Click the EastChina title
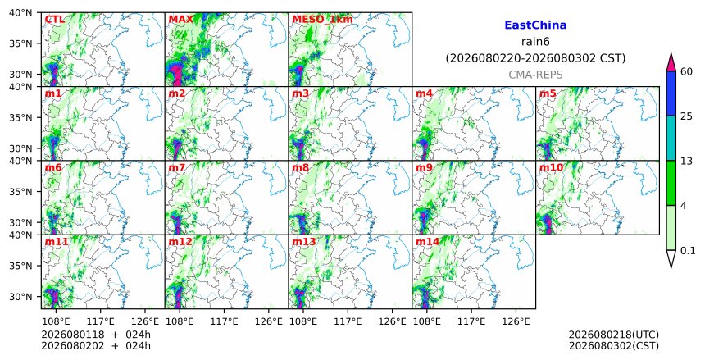535,25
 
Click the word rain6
535,42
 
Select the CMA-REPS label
535,75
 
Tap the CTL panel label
54,20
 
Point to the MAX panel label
180,20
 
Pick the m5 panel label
548,93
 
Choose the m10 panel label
551,168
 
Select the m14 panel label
427,242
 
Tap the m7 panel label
177,168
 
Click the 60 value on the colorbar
686,72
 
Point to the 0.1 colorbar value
688,251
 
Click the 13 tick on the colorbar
686,161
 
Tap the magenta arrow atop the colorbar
671,62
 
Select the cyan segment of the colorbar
671,138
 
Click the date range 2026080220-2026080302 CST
535,58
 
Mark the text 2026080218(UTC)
614,335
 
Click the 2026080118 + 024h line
96,335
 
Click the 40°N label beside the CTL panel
21,13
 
